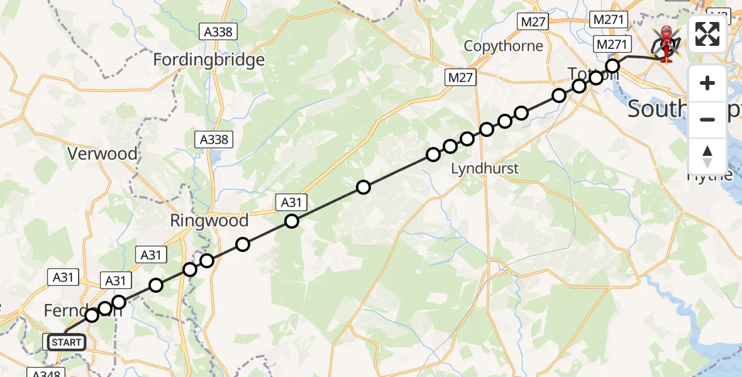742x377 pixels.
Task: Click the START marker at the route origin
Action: [x=66, y=342]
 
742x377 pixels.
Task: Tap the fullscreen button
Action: [x=707, y=35]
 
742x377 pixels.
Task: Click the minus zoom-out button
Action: [x=707, y=119]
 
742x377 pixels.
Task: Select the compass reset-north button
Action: [x=707, y=156]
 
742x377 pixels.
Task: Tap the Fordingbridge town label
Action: [x=209, y=60]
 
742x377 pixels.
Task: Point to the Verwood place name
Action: [x=102, y=154]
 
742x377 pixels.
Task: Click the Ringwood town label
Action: [x=209, y=221]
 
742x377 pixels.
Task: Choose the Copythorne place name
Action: [x=503, y=46]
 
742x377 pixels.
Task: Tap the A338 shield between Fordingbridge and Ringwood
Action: [x=214, y=139]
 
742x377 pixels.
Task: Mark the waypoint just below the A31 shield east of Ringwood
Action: [x=291, y=221]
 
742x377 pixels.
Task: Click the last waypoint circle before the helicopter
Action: [x=612, y=65]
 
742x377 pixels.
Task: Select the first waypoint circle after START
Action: [x=92, y=315]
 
